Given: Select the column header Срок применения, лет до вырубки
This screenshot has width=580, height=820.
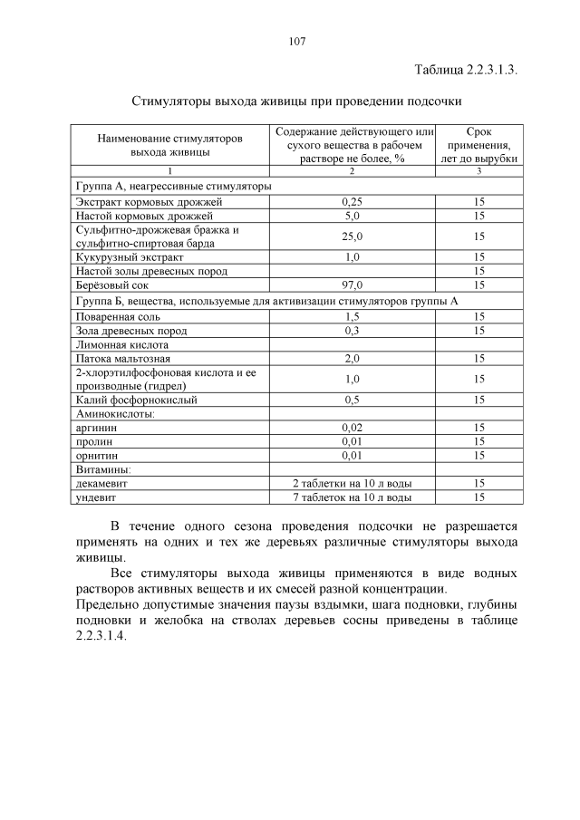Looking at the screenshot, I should click(479, 145).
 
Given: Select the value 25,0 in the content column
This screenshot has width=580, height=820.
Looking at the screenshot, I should click(353, 236).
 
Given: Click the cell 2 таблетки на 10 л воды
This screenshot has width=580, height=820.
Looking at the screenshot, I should click(353, 484).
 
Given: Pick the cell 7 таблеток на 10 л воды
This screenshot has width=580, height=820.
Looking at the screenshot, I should click(353, 497).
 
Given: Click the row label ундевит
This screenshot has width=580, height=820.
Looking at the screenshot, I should click(97, 497).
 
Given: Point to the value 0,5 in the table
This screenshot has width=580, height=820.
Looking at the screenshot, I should click(353, 400).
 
